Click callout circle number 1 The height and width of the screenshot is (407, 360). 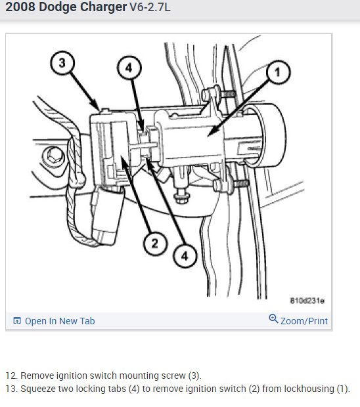point(278,72)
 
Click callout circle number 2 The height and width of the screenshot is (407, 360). point(155,243)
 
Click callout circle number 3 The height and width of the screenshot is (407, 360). point(62,63)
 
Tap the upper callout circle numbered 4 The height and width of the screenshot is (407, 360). point(129,68)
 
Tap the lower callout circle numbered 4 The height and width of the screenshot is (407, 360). point(185,256)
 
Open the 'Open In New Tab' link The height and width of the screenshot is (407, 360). point(60,321)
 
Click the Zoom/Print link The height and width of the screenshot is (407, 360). point(304,321)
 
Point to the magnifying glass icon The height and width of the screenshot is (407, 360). point(273,319)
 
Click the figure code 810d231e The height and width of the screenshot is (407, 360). point(307,301)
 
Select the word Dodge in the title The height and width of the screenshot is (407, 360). point(58,7)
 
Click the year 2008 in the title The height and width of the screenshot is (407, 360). point(20,7)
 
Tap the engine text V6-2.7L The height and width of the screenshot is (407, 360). point(150,7)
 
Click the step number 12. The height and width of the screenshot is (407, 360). point(12,375)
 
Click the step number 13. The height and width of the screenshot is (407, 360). point(12,389)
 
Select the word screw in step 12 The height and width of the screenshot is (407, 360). point(173,376)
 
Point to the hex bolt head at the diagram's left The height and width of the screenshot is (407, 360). point(53,156)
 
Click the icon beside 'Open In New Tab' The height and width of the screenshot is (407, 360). point(17,321)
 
